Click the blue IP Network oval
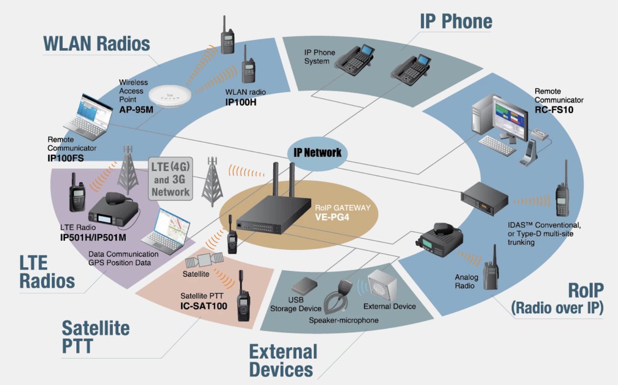pos(318,152)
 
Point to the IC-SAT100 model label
pos(204,306)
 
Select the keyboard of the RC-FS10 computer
pos(499,145)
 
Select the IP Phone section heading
pos(456,21)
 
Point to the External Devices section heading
pos(283,360)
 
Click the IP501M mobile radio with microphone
pos(113,212)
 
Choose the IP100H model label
pos(241,102)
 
